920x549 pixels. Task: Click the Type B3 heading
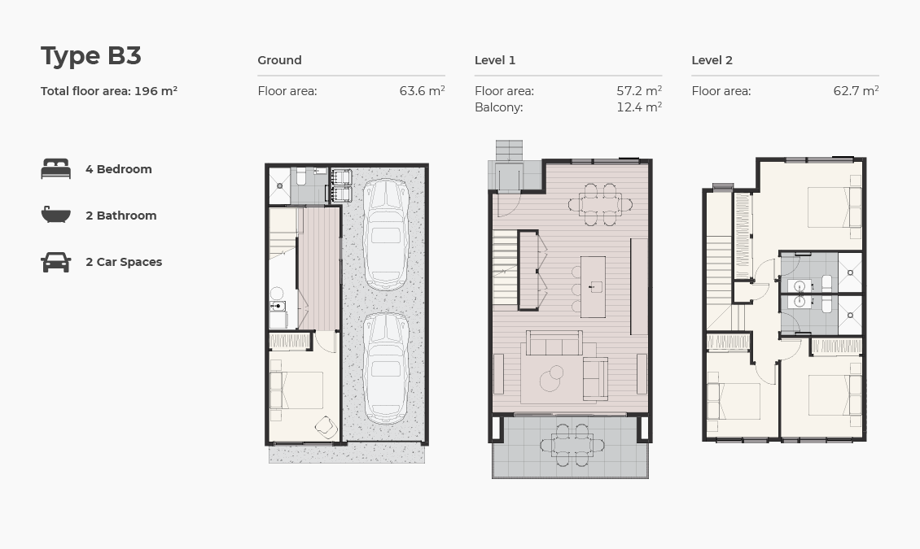click(x=91, y=56)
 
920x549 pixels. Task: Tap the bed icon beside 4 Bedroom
click(x=55, y=169)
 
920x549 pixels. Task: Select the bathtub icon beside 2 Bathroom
click(x=55, y=216)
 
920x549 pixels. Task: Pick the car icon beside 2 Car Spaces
click(x=55, y=262)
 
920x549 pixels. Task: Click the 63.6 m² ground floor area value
click(x=422, y=91)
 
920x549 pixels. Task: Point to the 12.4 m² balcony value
click(x=638, y=107)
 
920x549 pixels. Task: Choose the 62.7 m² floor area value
click(x=856, y=91)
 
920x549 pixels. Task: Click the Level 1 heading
click(x=495, y=60)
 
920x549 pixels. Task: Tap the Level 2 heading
click(x=712, y=60)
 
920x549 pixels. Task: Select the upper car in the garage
click(x=385, y=235)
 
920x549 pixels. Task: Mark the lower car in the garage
click(x=385, y=368)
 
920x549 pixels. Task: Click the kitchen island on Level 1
click(x=593, y=286)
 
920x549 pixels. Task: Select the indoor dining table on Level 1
click(x=601, y=204)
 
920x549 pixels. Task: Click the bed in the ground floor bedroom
click(x=297, y=390)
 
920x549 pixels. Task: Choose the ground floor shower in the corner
click(x=279, y=185)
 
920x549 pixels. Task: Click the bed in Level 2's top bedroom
click(x=830, y=207)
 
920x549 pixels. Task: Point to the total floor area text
click(x=109, y=91)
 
